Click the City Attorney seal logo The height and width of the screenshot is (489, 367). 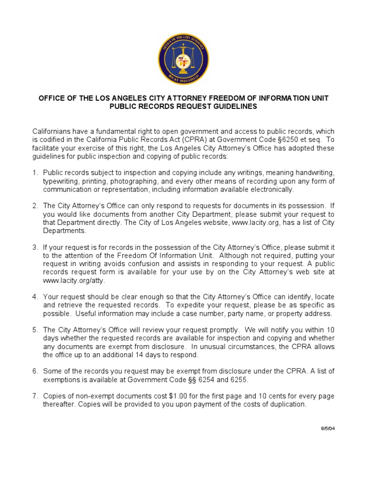coord(183,60)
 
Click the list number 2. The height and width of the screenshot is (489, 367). coord(35,206)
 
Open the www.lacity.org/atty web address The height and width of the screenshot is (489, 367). coord(74,281)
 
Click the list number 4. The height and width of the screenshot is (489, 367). coord(35,297)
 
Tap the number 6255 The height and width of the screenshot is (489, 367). coord(238,380)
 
